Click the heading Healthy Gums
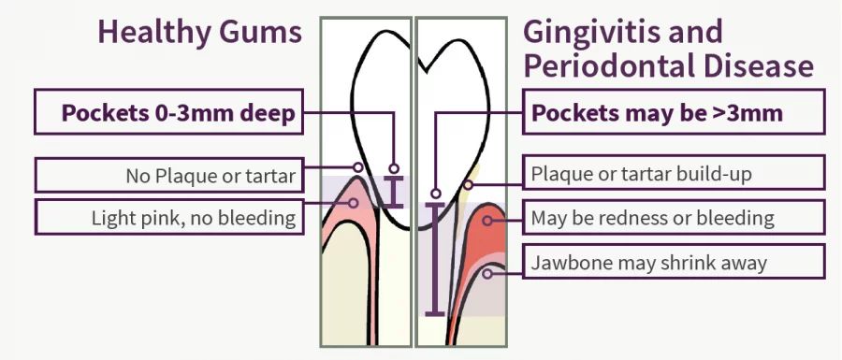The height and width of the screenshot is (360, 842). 199,33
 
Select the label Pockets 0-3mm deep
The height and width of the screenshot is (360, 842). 179,113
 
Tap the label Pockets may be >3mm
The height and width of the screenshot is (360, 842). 657,113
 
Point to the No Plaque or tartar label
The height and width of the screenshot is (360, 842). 210,176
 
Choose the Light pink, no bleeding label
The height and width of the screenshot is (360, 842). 194,219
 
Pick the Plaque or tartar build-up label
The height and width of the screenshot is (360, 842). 641,174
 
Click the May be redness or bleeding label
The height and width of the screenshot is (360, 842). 652,219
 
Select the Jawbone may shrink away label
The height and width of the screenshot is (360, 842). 648,263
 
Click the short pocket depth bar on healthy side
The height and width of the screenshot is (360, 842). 394,192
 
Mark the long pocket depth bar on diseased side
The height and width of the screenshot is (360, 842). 435,257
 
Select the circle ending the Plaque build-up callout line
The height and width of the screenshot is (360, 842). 468,184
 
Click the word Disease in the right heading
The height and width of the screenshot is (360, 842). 758,67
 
